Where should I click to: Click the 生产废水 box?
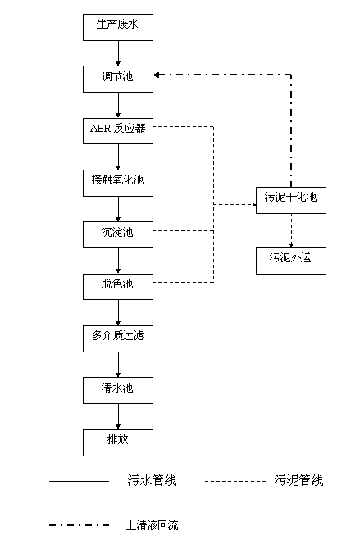[118, 27]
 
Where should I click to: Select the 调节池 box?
[118, 79]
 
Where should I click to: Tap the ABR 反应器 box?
[118, 131]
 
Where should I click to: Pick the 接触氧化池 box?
[118, 183]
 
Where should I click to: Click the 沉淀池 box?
[118, 234]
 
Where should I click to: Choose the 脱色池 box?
[118, 287]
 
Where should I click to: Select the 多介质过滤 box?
[118, 338]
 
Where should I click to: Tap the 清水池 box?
[118, 391]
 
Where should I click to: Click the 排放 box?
[118, 442]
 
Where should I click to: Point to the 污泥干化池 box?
[291, 200]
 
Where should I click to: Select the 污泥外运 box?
[291, 261]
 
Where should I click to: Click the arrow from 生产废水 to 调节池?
[118, 53]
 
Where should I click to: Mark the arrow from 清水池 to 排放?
[118, 417]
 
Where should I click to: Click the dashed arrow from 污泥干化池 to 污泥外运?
[291, 231]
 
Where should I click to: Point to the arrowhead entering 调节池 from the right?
[156, 75]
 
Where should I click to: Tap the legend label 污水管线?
[152, 480]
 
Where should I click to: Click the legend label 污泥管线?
[298, 480]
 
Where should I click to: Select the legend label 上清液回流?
[153, 525]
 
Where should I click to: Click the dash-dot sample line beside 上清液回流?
[80, 525]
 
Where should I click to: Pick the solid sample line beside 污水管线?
[79, 481]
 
